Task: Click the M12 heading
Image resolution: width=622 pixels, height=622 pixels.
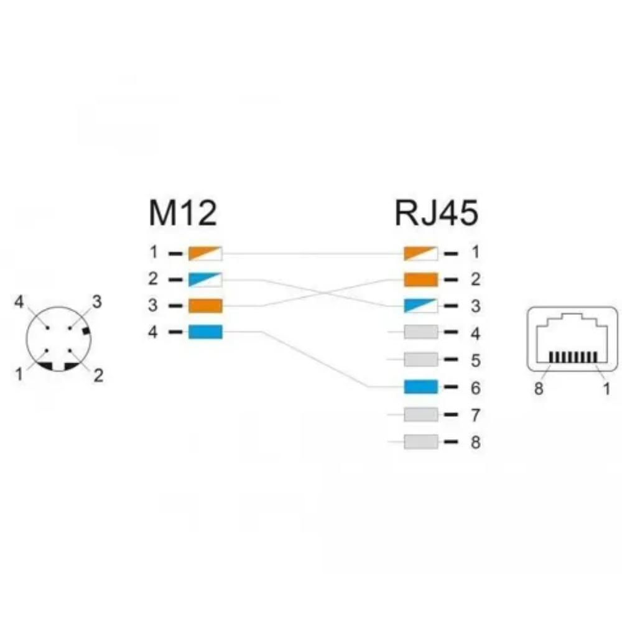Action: click(x=183, y=213)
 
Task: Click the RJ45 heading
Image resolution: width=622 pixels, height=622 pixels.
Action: click(x=437, y=213)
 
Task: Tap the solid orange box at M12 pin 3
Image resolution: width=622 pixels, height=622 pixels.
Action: click(x=205, y=306)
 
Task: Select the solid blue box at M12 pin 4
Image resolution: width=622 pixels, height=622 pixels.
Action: click(x=205, y=332)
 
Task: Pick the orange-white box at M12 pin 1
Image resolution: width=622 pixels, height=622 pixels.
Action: click(x=205, y=254)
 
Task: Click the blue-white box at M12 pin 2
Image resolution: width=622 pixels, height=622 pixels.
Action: click(x=205, y=280)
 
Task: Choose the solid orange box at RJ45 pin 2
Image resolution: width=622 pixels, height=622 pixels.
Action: click(x=421, y=280)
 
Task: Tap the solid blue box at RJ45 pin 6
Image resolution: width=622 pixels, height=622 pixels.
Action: click(x=421, y=387)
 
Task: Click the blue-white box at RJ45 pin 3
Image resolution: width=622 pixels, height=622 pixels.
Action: click(x=421, y=306)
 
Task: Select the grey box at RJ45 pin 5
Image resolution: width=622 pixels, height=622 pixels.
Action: click(x=421, y=360)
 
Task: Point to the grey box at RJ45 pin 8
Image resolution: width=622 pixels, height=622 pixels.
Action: click(x=421, y=442)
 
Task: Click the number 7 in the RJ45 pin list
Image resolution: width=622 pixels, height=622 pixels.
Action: click(x=475, y=415)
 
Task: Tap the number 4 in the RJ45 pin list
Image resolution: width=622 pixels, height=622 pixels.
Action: click(x=475, y=333)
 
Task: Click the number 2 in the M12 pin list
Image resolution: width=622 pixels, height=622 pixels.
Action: click(x=153, y=279)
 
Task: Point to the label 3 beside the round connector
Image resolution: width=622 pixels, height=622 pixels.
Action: click(x=97, y=302)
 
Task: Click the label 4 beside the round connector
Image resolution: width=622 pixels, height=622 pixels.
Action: click(x=19, y=302)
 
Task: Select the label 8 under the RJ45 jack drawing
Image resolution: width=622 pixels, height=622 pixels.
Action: click(x=538, y=389)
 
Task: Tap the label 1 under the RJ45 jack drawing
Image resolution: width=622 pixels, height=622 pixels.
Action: click(x=606, y=389)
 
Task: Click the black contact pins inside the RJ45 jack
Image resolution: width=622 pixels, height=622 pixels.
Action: click(x=573, y=357)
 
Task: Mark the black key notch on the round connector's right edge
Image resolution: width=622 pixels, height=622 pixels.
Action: click(x=86, y=331)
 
